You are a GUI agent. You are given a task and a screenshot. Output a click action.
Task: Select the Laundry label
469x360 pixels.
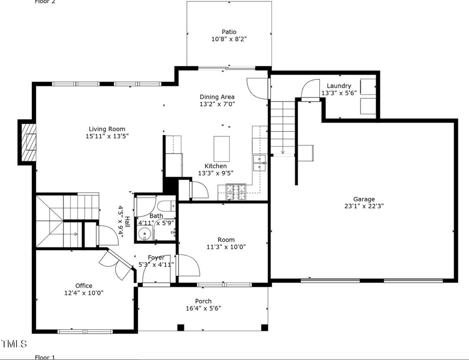tap(339, 86)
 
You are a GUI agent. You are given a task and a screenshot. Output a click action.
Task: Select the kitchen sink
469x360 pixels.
tap(259, 163)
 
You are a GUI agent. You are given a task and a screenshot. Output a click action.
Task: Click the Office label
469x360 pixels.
tap(83, 285)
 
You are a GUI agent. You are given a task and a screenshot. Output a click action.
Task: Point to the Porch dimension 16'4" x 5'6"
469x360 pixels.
tap(203, 308)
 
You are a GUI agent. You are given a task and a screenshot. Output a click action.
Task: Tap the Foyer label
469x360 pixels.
tap(156, 257)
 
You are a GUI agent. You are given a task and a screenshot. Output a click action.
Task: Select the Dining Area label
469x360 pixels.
tap(217, 96)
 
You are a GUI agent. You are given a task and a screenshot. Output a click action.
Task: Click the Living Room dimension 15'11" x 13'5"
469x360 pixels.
tap(107, 136)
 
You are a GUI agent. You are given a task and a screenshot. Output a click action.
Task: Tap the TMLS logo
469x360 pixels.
tap(14, 344)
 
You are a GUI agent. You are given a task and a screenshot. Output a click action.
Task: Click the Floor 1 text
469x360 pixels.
tap(45, 357)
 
